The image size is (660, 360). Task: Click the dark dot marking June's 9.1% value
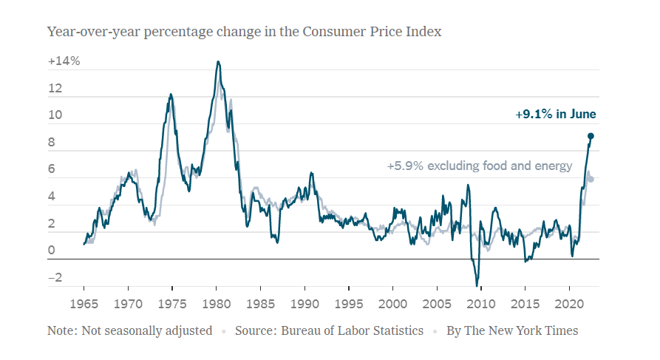coord(591,136)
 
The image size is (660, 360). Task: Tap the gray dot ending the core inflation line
coord(591,179)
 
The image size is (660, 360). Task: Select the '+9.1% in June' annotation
coord(555,115)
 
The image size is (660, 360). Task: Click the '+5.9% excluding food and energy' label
coord(480,166)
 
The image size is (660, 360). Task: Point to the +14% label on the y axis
coord(64,62)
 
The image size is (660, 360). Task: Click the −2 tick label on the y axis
coord(55,279)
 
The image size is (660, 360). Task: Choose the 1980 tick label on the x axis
coord(216,303)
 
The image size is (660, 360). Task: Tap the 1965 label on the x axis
coord(84,303)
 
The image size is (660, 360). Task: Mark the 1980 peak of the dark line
coord(218,62)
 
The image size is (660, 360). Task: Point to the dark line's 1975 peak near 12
coord(171,95)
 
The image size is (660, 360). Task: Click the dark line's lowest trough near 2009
coord(477,285)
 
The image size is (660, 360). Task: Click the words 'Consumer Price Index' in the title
coord(378,32)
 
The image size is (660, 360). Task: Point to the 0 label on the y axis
coord(52,251)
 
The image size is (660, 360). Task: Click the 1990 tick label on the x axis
coord(304,303)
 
